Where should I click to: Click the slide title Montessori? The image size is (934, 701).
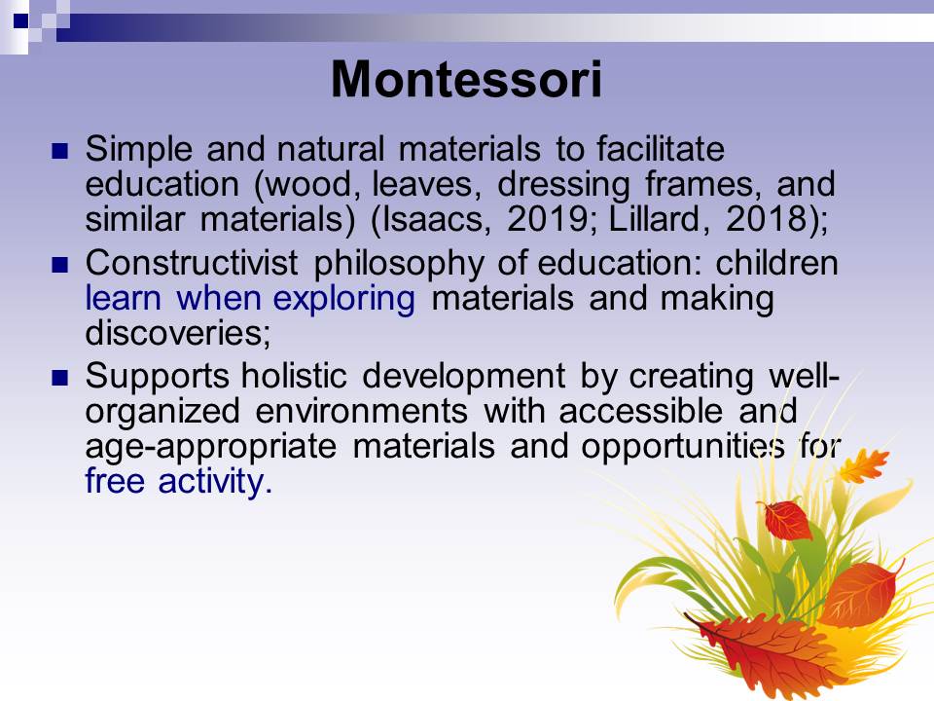coord(466,79)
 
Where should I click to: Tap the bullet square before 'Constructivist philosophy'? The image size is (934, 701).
coord(60,265)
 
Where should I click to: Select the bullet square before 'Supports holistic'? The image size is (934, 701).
coord(60,378)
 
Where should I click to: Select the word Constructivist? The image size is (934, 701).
coord(192,262)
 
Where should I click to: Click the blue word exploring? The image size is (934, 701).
coord(343,298)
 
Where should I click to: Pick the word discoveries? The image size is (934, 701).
coord(177,333)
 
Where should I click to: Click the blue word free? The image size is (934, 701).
coord(115,480)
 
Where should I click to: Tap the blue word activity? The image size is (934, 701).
coord(215,482)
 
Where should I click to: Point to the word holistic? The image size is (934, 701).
coord(294,376)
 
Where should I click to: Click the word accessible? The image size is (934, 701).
coord(640,411)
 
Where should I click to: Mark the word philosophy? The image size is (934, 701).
coord(399,264)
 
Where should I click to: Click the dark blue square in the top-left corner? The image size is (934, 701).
coord(20,20)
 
